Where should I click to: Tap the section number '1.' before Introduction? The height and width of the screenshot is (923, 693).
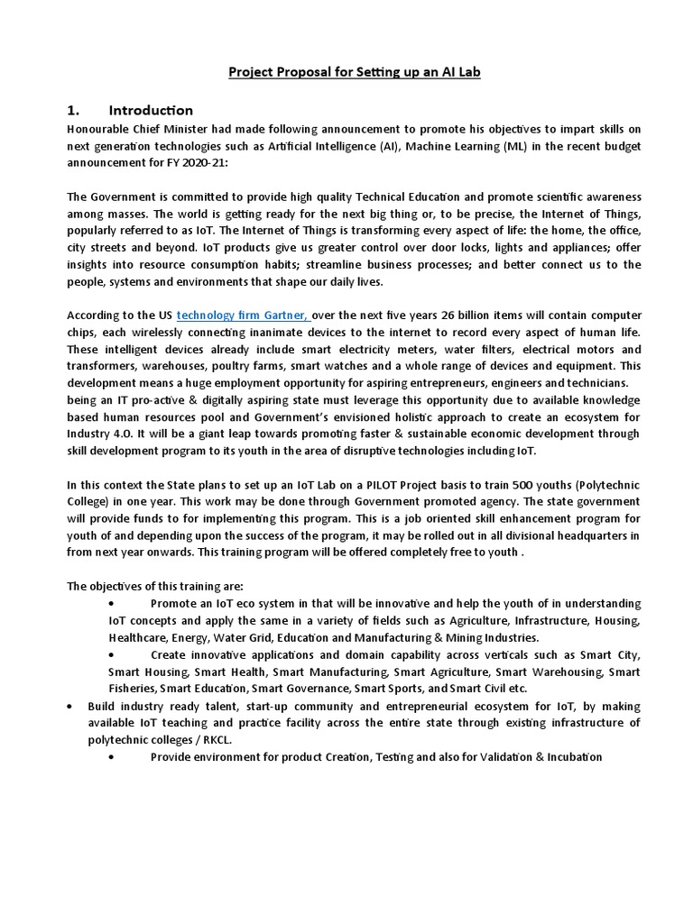[76, 110]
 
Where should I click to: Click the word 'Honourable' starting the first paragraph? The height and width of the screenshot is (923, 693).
[98, 127]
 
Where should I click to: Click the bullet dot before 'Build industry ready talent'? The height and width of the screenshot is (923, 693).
[71, 706]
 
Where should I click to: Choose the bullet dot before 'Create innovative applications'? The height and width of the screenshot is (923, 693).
[111, 654]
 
